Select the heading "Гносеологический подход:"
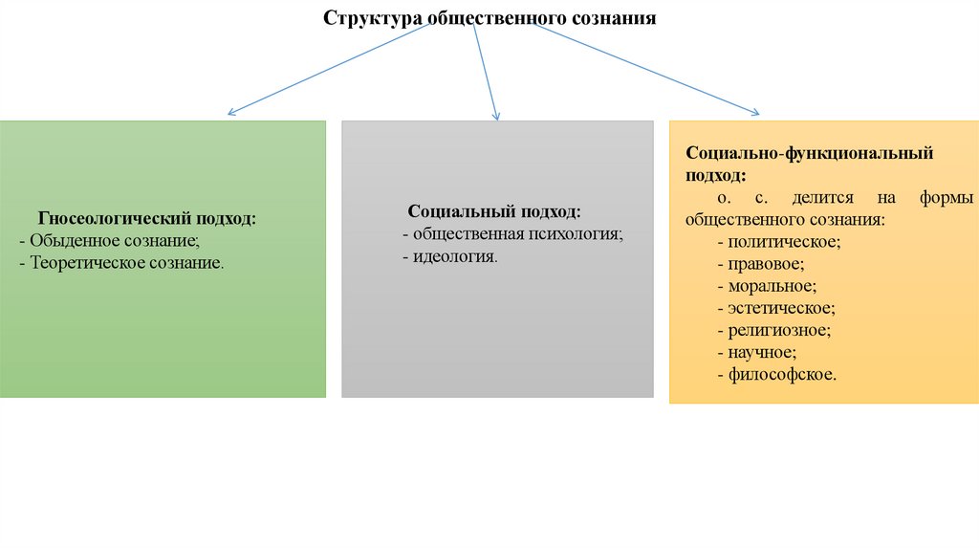146,219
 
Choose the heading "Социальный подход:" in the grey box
494,211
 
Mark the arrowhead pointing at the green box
231,115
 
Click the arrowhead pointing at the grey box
496,117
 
